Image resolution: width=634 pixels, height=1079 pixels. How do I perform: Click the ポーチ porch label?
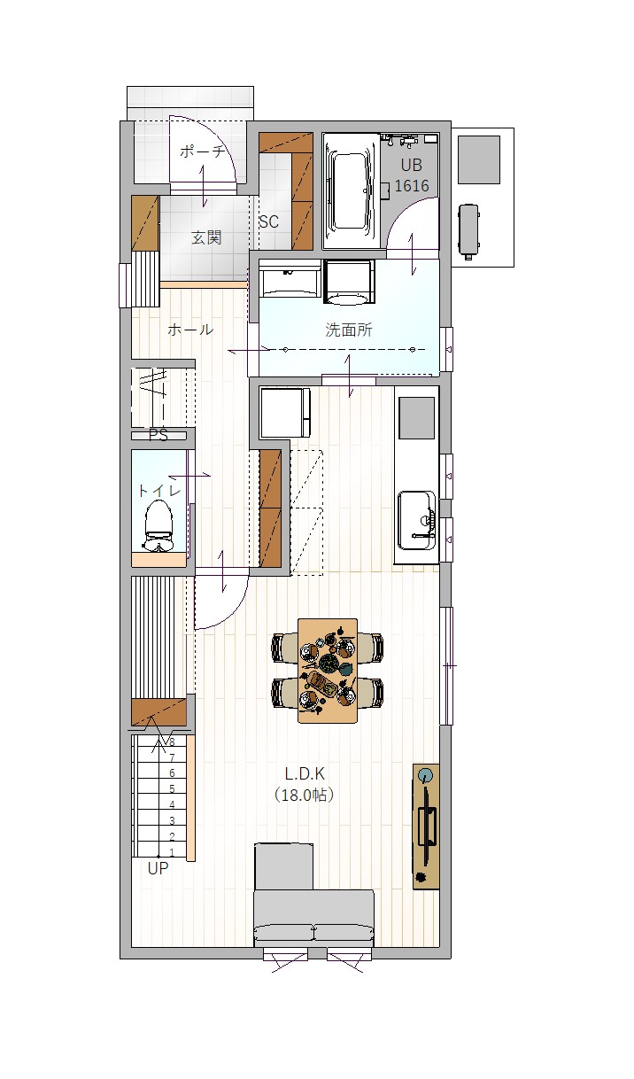[202, 151]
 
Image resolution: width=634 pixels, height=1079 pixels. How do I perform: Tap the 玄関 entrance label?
[206, 237]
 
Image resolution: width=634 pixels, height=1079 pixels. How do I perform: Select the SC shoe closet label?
[268, 221]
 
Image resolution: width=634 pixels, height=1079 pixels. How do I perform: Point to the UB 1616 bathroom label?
[412, 175]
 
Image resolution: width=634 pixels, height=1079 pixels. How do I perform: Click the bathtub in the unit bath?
[351, 190]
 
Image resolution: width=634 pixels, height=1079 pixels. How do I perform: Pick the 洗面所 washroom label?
[349, 330]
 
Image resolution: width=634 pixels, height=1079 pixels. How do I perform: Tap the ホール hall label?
[190, 330]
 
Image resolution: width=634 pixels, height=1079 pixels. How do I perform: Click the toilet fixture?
[158, 525]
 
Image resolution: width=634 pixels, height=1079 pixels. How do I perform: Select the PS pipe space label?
[158, 436]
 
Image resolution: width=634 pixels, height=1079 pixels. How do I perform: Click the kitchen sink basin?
[417, 520]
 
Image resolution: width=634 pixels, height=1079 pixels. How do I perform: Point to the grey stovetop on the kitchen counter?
[416, 418]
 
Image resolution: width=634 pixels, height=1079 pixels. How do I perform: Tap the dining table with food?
[328, 671]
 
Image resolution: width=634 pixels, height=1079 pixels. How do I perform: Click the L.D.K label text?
[305, 773]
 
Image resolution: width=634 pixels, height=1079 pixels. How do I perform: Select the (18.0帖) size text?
[304, 795]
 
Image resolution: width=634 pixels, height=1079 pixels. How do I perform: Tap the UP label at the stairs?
[158, 868]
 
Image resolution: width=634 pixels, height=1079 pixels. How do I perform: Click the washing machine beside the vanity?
[350, 283]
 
